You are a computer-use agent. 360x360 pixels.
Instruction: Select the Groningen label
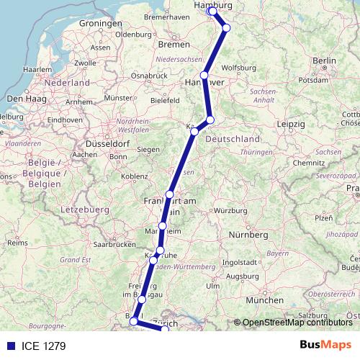(x=99, y=23)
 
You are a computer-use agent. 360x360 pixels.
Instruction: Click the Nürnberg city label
(x=247, y=235)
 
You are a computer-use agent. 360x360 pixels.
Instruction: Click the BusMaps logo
(x=325, y=346)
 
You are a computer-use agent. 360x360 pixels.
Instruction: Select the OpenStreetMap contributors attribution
(x=297, y=323)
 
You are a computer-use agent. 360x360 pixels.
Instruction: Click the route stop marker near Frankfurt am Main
(x=170, y=194)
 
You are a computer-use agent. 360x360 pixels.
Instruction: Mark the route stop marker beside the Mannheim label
(x=163, y=226)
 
